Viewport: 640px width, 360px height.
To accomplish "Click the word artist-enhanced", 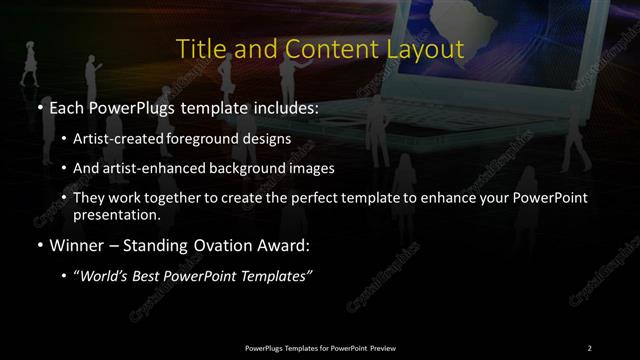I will pos(144,168).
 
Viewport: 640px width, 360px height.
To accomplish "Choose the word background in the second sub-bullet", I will pos(228,168).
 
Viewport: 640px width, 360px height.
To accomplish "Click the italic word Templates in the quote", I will pos(281,275).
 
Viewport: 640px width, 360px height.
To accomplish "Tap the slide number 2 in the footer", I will pos(590,348).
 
